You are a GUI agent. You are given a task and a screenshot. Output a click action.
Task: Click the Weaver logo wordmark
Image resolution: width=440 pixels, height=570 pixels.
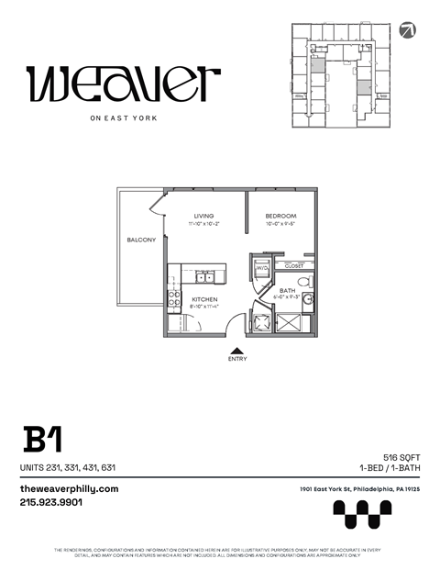point(123,84)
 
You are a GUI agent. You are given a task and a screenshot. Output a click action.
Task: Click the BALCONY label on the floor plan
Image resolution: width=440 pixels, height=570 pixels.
point(141,240)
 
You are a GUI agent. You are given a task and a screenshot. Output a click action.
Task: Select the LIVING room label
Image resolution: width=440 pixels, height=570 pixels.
point(203,217)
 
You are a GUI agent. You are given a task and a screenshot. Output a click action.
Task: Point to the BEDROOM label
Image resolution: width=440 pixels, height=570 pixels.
point(281,217)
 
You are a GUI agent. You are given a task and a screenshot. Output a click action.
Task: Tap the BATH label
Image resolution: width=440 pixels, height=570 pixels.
point(288,290)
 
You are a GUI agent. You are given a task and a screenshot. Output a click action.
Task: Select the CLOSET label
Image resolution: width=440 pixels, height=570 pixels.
point(294,266)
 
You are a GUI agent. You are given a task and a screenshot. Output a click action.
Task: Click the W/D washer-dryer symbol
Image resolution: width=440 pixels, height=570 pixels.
point(259,268)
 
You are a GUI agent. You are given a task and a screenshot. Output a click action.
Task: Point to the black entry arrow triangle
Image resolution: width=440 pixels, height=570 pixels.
point(236,350)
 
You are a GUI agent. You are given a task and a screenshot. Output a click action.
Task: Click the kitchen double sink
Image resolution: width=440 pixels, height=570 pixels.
point(207,274)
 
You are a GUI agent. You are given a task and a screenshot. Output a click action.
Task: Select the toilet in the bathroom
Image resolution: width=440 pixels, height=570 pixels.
point(305,282)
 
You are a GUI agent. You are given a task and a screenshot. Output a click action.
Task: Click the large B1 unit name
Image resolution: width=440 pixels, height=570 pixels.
point(42,440)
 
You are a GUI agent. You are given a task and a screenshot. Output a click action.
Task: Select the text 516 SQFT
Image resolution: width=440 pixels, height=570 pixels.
point(401,456)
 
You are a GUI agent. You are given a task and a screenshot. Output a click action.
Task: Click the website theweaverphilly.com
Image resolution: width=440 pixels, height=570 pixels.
point(70,489)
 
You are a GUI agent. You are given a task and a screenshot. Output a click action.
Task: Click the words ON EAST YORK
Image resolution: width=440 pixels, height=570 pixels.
point(123,117)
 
